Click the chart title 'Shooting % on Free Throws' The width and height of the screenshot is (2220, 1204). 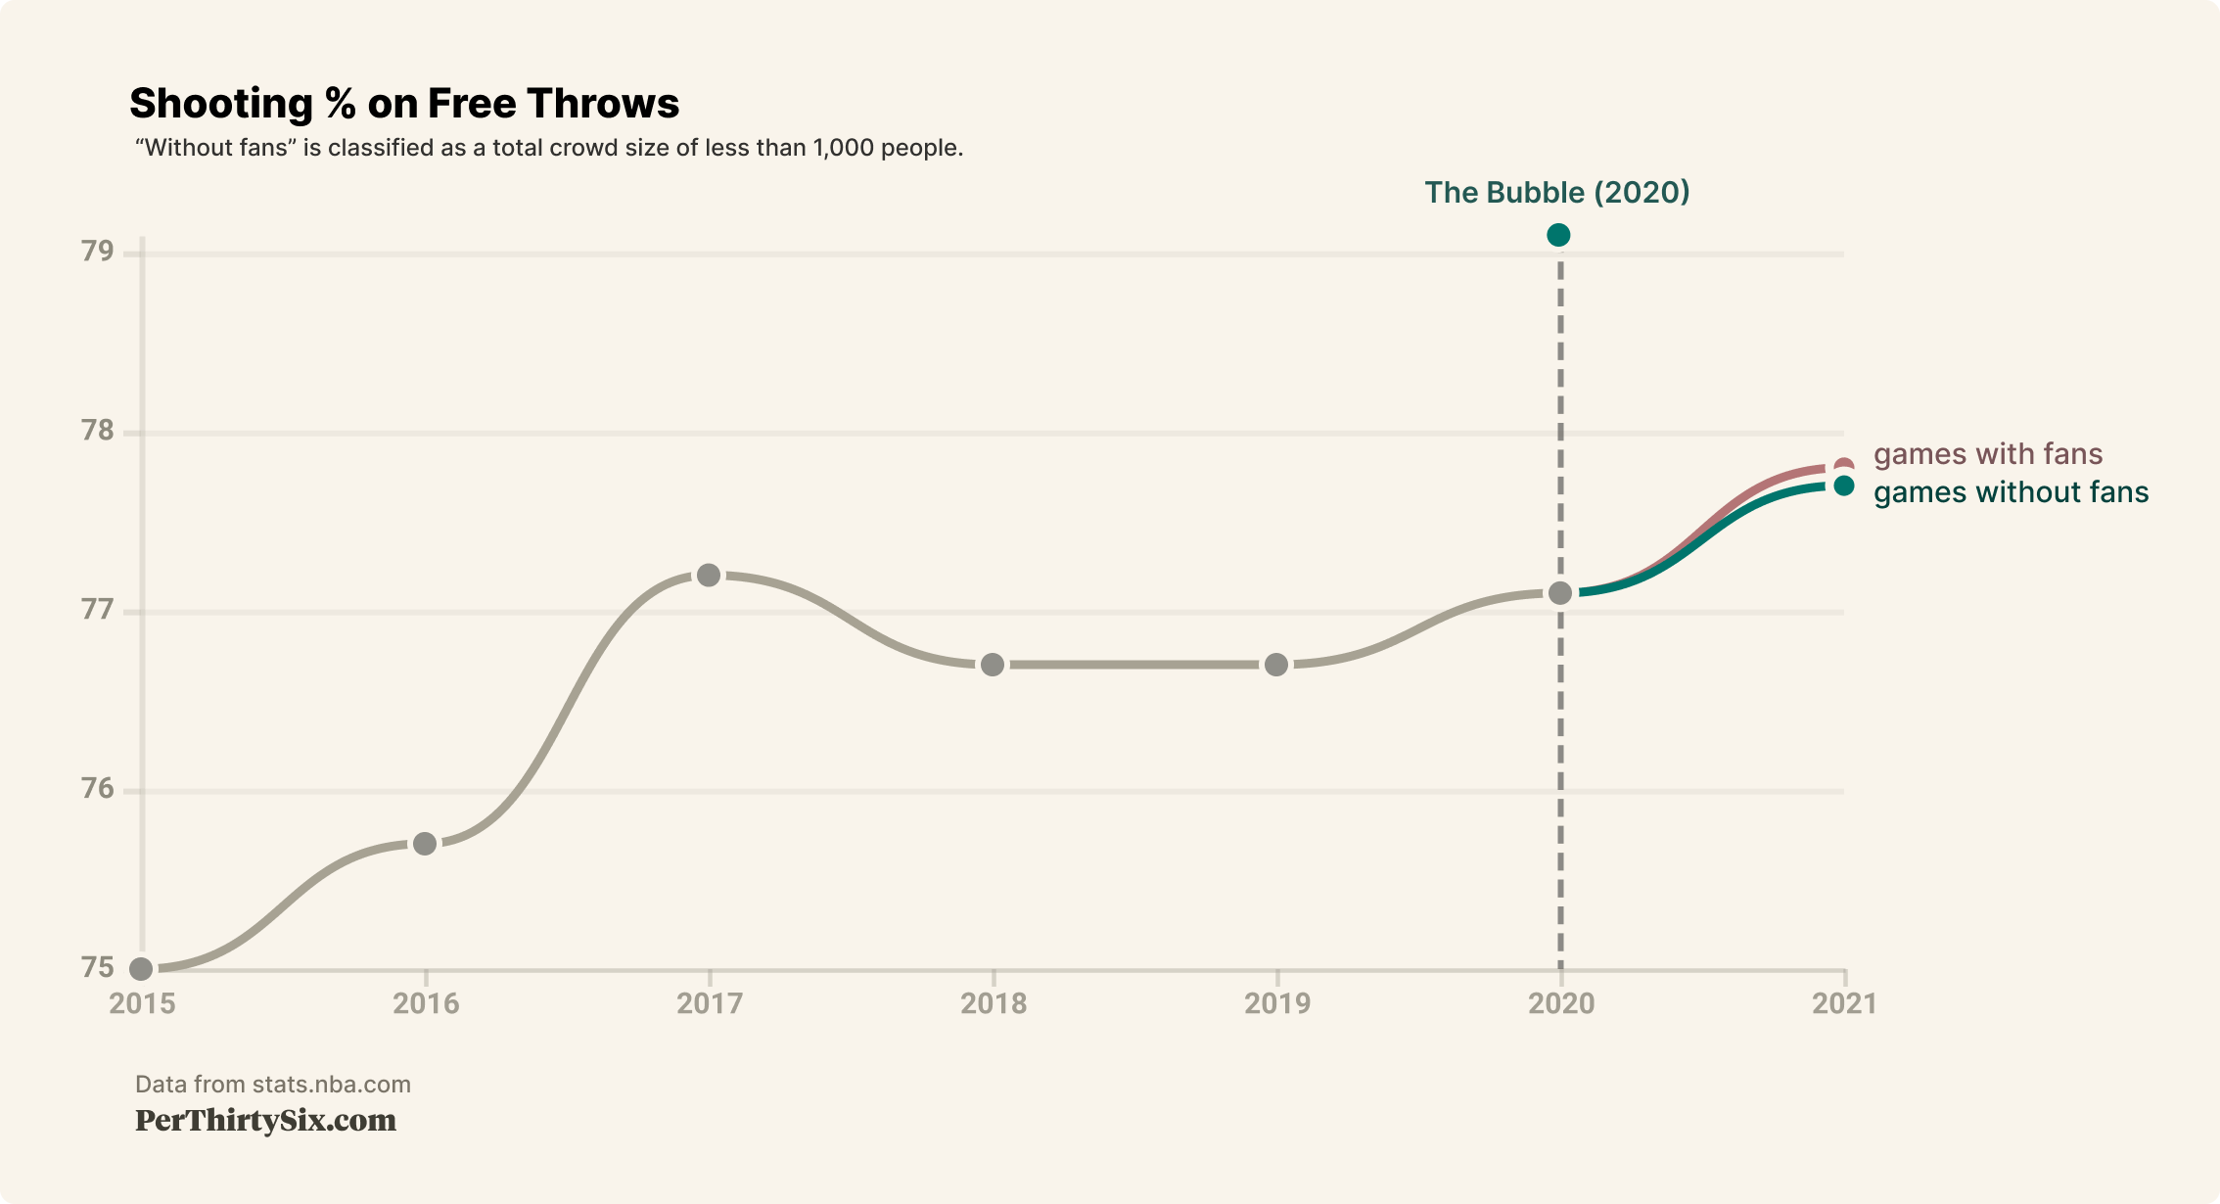pos(404,104)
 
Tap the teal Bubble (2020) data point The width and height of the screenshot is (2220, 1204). pos(1558,235)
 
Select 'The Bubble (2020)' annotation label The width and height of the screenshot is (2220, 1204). pos(1556,192)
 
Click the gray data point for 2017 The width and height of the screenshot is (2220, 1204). pos(709,576)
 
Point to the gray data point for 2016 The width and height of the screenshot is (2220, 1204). pos(425,844)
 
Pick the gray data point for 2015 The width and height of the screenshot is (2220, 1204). pos(142,969)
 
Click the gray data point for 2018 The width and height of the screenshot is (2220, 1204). pos(993,665)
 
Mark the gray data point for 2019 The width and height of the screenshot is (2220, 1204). pos(1276,665)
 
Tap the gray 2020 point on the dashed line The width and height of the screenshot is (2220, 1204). pos(1560,593)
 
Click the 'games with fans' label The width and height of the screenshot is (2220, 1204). pos(1987,454)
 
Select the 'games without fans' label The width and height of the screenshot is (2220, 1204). pos(2011,492)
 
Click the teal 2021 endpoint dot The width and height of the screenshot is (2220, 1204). pos(1844,486)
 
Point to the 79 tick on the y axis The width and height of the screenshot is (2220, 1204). pos(98,252)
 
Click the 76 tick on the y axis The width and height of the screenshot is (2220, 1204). pos(98,789)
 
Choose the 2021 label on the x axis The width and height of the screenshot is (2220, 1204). pos(1844,1003)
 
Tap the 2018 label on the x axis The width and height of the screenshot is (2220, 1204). pos(994,1003)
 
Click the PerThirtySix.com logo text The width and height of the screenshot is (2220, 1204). pos(265,1121)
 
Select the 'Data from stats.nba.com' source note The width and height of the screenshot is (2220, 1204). pos(273,1085)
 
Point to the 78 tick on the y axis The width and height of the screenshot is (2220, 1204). pos(98,431)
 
